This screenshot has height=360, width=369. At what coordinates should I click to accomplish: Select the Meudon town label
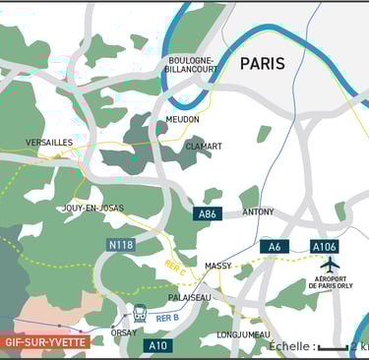[x=182, y=119]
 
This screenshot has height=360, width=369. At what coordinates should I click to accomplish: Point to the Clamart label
[x=203, y=147]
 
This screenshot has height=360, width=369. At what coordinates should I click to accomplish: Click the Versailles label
[x=49, y=143]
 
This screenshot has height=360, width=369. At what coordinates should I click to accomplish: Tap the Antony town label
[x=258, y=211]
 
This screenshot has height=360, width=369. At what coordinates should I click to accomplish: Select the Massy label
[x=217, y=266]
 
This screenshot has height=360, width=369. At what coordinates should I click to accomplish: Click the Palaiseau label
[x=189, y=296]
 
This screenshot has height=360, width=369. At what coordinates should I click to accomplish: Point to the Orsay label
[x=124, y=332]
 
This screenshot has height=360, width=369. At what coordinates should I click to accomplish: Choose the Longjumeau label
[x=242, y=333]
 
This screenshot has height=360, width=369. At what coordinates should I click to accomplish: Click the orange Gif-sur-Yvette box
[x=45, y=342]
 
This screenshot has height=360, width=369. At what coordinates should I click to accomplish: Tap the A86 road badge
[x=208, y=213]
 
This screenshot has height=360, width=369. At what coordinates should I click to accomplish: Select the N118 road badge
[x=121, y=244]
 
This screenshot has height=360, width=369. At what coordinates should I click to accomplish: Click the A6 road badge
[x=275, y=246]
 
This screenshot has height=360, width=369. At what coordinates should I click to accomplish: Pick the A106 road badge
[x=325, y=246]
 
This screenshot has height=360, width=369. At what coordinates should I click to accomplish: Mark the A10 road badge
[x=157, y=345]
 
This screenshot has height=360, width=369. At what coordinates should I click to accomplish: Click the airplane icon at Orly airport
[x=330, y=265]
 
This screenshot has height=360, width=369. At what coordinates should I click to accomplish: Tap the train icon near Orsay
[x=140, y=314]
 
